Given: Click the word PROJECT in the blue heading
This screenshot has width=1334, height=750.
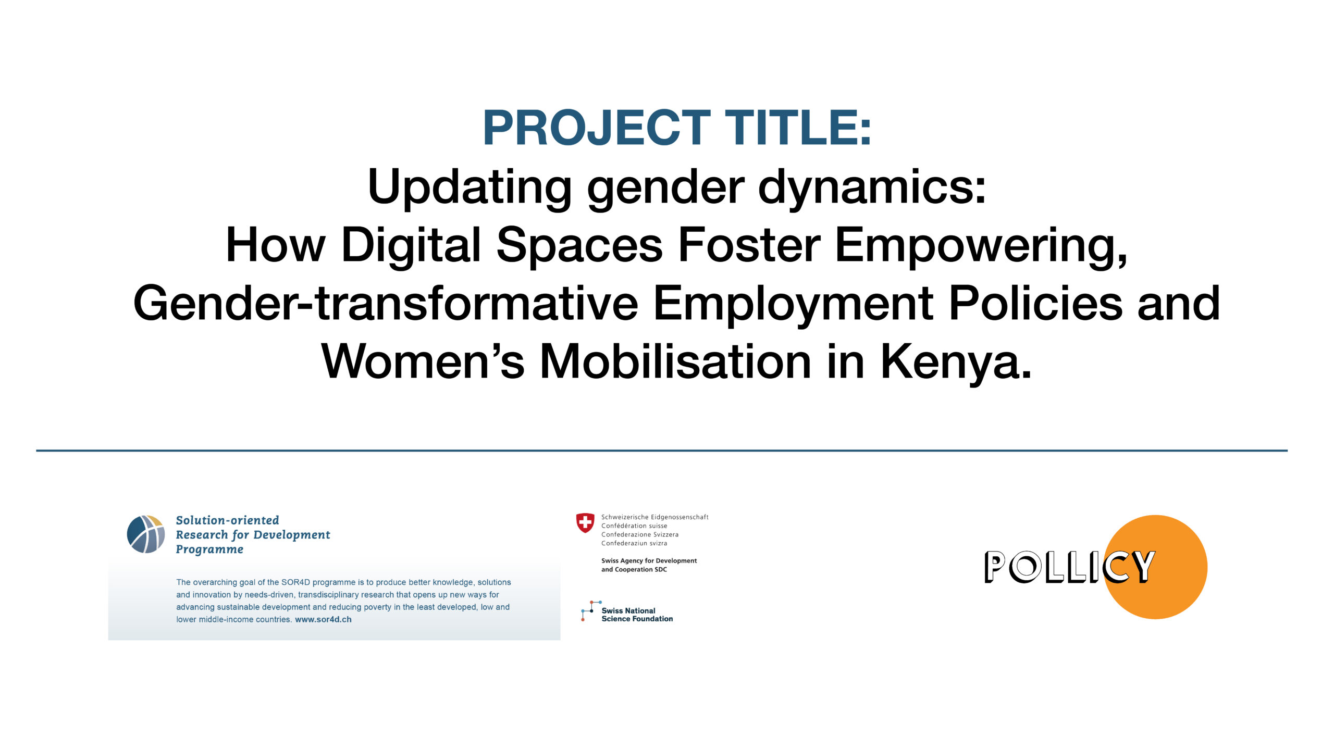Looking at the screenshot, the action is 597,128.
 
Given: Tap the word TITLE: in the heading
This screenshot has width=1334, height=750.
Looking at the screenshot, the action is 799,128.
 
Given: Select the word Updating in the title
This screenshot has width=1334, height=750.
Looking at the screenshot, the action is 469,189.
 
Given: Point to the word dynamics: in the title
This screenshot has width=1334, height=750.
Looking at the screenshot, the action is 872,189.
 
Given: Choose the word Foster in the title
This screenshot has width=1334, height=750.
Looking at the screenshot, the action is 749,246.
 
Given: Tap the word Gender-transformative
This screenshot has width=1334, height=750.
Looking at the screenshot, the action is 386,304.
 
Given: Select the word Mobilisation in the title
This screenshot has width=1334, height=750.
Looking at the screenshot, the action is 676,362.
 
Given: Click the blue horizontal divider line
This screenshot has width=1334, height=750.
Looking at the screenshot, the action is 662,451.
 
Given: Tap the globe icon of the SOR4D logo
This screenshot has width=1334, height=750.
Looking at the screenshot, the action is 146,534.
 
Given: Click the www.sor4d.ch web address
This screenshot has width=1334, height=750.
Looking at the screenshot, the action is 323,619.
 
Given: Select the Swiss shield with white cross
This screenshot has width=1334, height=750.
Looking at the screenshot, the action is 585,523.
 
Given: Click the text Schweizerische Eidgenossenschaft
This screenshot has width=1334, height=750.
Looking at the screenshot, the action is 655,517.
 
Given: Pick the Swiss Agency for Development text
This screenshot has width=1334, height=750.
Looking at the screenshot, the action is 649,560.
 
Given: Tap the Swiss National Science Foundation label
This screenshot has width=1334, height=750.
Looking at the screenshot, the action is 637,615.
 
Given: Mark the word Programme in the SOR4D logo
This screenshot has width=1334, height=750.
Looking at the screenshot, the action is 209,550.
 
